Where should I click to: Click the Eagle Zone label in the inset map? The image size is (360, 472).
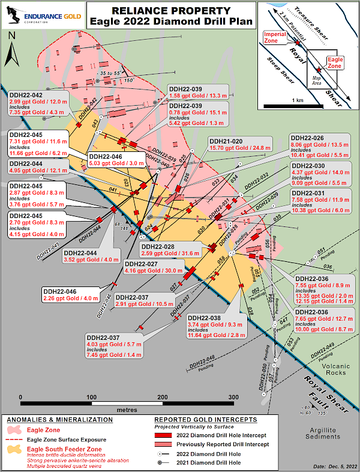pyautogui.click(x=334, y=62)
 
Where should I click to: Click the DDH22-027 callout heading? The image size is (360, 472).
pyautogui.click(x=140, y=264)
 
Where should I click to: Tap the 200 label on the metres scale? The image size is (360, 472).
pyautogui.click(x=162, y=398)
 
